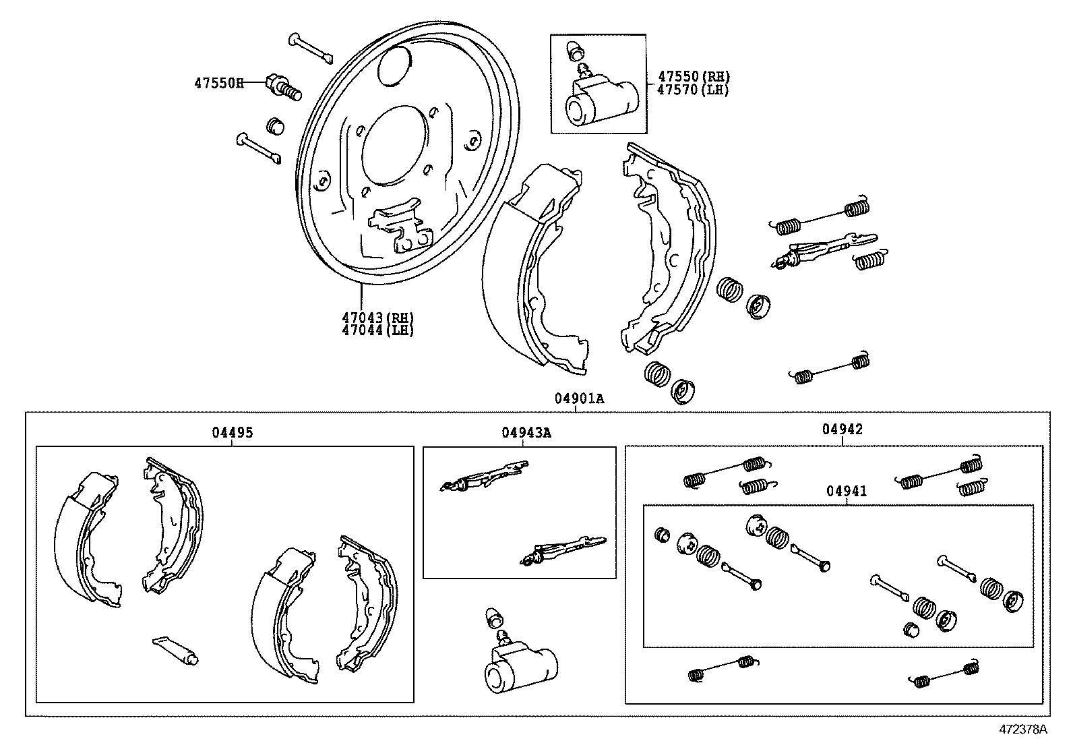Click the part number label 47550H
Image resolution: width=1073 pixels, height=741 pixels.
(218, 83)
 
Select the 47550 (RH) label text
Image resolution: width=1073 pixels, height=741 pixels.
(694, 76)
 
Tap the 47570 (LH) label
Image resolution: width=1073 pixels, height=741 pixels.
(693, 90)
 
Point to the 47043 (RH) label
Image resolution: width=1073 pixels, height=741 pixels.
(377, 318)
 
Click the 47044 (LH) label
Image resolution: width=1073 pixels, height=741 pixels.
(377, 330)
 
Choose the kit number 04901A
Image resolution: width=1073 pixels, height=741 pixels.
(580, 398)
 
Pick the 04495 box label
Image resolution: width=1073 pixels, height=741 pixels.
(233, 432)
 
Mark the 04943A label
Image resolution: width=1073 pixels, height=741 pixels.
(526, 432)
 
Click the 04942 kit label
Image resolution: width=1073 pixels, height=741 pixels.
(842, 429)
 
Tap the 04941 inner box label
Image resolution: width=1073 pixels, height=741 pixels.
(847, 491)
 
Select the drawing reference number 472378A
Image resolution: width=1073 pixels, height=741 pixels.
(1022, 729)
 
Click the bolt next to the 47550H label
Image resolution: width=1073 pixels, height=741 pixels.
(283, 87)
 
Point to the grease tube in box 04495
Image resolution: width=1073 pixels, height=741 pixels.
(175, 651)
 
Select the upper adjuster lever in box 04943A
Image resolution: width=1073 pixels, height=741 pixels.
(485, 476)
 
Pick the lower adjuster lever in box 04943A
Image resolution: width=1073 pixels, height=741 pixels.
(563, 551)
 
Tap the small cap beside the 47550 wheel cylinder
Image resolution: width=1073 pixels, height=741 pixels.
(574, 51)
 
